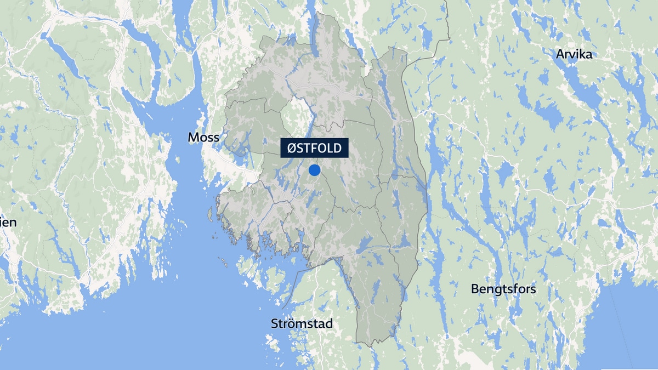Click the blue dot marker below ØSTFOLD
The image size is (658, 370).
pos(314,170)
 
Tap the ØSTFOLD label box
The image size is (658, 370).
pos(314,148)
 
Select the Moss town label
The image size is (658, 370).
pos(203,138)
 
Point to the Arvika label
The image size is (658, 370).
pos(574,54)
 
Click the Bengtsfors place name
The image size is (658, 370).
pos(503,289)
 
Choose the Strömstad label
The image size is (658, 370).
pos(302,323)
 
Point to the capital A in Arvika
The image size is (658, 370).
pos(560,54)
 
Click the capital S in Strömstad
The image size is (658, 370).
pos(275,323)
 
